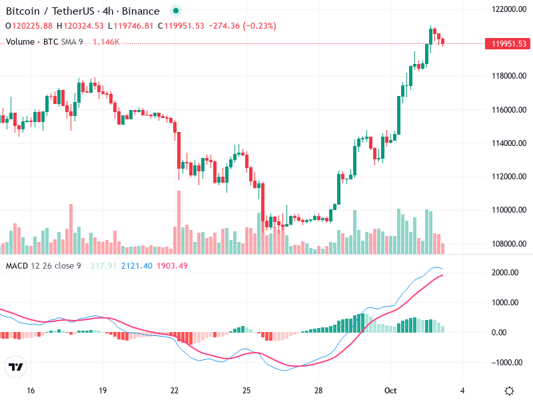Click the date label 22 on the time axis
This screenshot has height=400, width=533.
point(175,390)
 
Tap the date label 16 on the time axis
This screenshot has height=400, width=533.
point(30,390)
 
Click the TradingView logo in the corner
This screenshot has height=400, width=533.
point(15,367)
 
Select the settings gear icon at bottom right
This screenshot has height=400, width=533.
point(510,391)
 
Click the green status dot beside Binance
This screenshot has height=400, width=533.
point(175,11)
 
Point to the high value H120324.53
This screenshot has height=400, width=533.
point(80,26)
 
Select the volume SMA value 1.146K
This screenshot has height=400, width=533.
point(106,41)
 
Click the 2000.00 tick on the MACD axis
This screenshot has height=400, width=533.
point(505,273)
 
